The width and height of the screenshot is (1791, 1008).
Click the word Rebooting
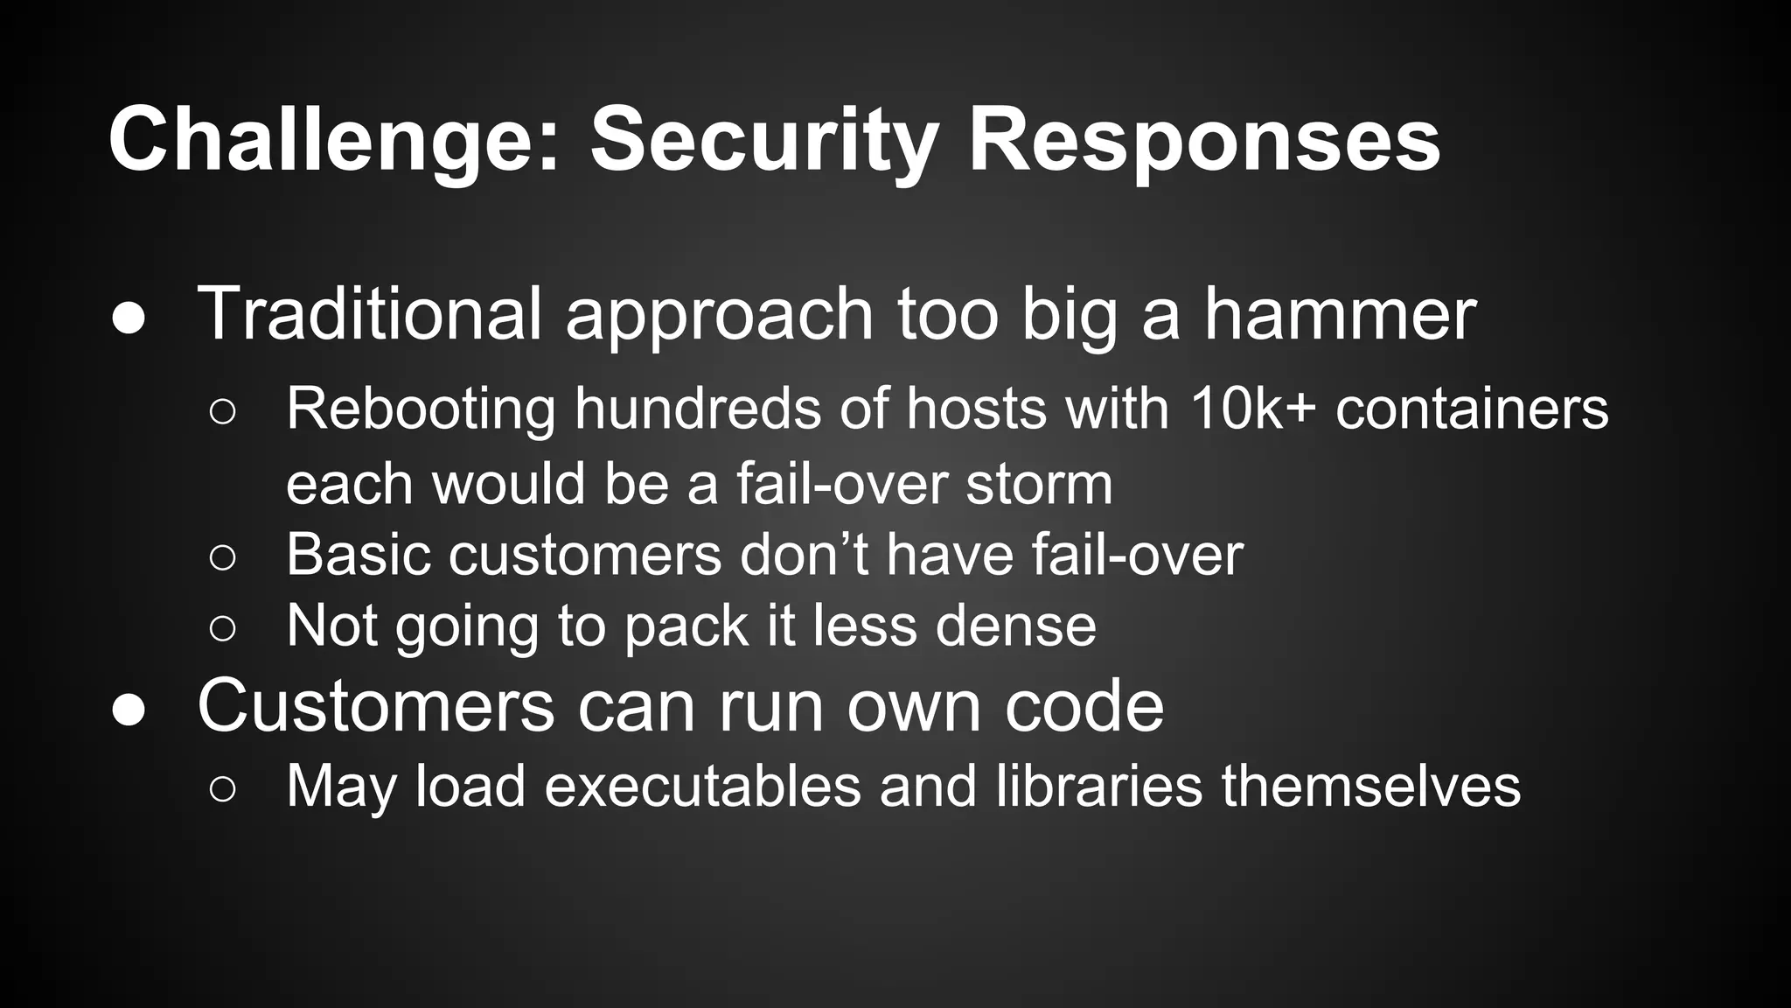click(x=421, y=409)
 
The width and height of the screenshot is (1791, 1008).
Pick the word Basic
click(x=358, y=555)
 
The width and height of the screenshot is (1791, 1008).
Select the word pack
click(x=686, y=626)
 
